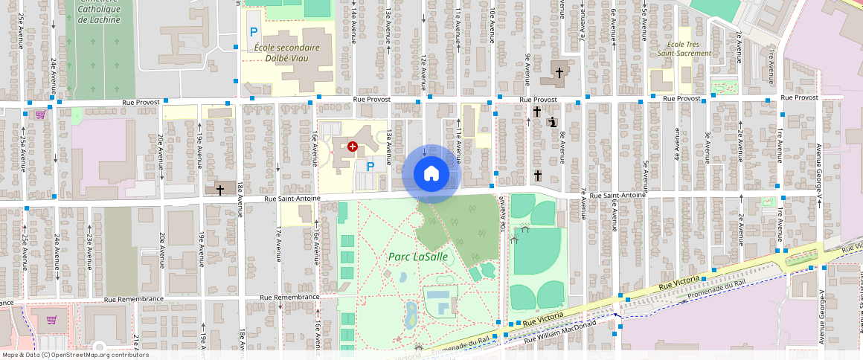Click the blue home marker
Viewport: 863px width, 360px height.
(431, 174)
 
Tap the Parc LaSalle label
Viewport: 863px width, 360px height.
(417, 257)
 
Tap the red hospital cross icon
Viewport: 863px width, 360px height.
(353, 147)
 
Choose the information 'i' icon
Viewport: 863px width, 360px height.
(551, 122)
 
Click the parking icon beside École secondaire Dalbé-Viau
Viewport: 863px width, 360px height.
(254, 32)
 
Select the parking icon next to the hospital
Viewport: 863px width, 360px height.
(370, 167)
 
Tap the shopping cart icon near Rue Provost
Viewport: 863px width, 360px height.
(39, 115)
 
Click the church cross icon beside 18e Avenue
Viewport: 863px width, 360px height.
(219, 190)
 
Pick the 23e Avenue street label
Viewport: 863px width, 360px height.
(89, 245)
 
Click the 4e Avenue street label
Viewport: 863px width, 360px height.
(676, 146)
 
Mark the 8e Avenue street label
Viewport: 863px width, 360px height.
(562, 146)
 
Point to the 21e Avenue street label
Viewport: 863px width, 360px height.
(136, 344)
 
